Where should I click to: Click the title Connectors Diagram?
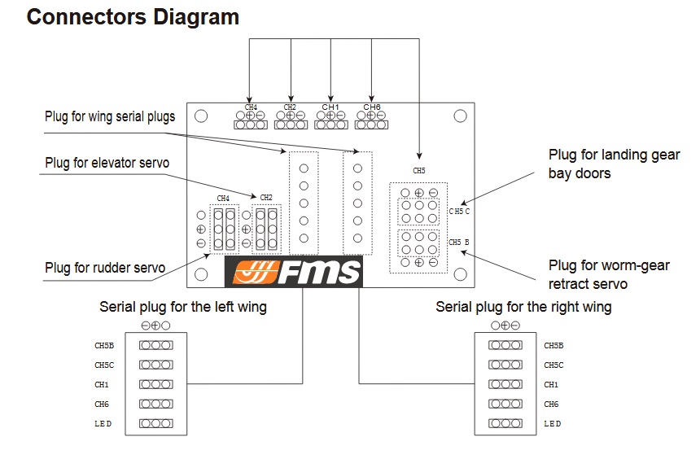(133, 17)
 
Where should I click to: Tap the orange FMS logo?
(294, 273)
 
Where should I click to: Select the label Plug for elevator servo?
(107, 164)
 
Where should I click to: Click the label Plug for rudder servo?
(105, 267)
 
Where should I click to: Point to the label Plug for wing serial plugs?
(110, 117)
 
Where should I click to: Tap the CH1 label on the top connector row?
(330, 107)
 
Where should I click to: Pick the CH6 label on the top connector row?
(372, 107)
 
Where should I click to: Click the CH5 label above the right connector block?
(419, 172)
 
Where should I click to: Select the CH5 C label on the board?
(460, 211)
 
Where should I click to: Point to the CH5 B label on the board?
(460, 243)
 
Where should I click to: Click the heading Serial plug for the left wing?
(183, 308)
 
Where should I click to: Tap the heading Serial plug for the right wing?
(523, 308)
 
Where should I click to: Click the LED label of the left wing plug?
(103, 423)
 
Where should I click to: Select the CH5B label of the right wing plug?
(553, 345)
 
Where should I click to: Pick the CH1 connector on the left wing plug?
(155, 384)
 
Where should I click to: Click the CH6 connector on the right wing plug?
(506, 404)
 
